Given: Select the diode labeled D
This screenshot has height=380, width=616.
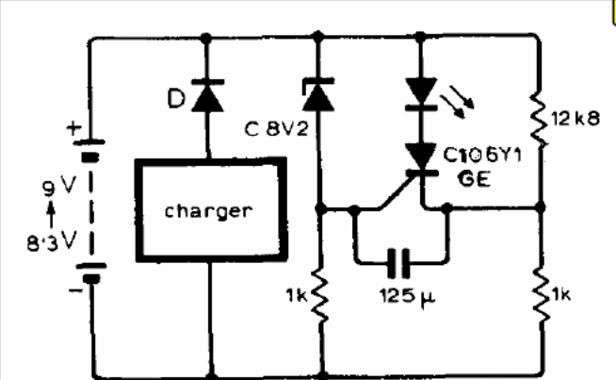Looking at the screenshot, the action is coord(207,95).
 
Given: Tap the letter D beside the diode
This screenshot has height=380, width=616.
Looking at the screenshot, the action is coord(176,98).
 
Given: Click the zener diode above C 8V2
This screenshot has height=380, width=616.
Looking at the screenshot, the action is coord(318,95).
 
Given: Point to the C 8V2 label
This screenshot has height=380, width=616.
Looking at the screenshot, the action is coord(277,128).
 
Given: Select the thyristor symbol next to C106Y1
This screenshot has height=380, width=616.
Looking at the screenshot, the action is coord(422,160).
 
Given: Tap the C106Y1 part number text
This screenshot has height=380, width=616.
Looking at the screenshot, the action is coord(482,155).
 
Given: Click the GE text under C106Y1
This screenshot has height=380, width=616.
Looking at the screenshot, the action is coord(474,178).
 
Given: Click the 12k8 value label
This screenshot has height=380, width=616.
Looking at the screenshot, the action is coord(575,119).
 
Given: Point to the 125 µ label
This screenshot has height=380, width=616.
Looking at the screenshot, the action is coord(408,296).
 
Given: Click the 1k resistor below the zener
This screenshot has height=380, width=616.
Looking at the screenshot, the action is coord(320,296).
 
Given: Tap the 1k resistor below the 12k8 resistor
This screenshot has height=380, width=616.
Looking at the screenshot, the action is coord(542,295).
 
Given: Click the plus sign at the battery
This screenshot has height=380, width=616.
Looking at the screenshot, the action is coord(73,128).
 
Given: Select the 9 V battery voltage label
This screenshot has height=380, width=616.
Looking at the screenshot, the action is coord(59,186).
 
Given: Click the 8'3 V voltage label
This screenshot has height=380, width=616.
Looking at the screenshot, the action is coord(52,241).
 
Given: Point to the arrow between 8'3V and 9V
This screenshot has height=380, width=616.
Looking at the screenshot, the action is coord(51,214).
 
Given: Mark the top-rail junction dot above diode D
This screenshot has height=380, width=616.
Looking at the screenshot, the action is coord(206,38).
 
